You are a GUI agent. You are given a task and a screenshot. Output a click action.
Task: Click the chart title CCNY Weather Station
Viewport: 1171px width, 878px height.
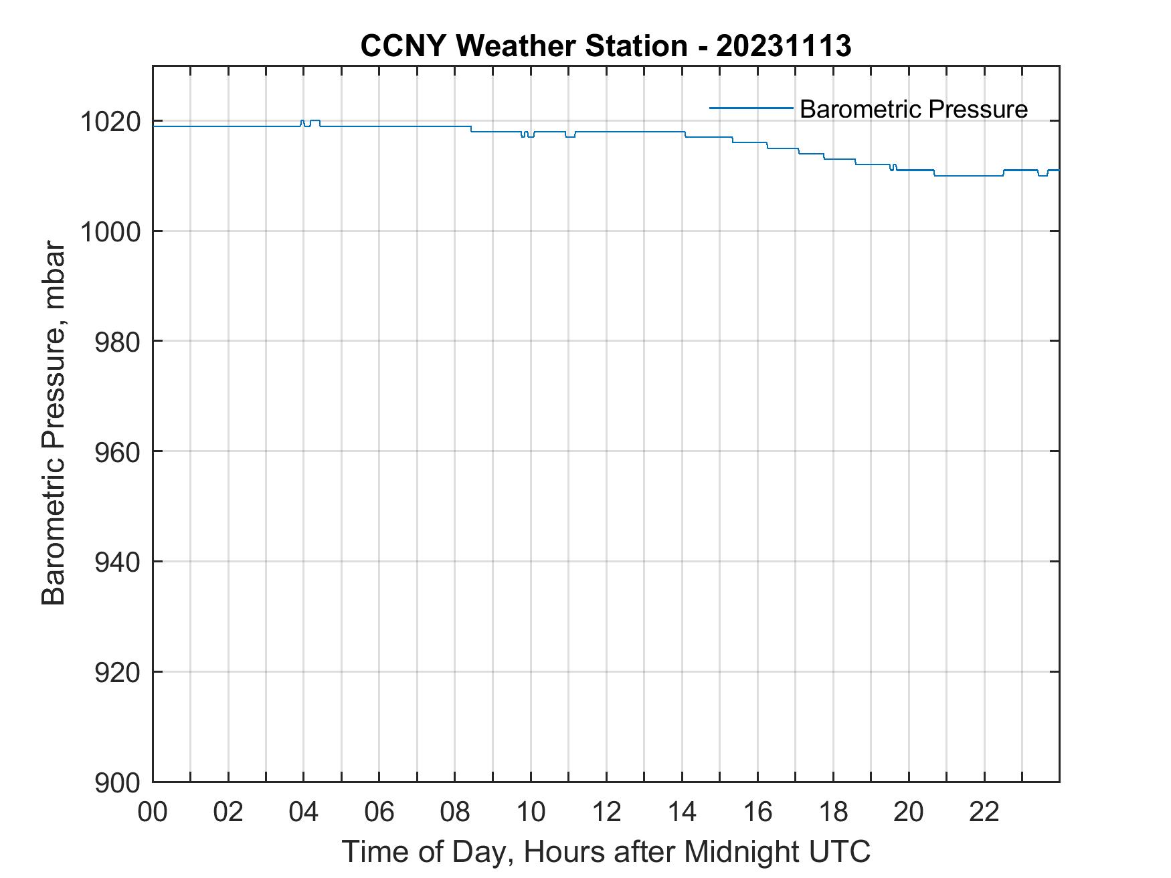[523, 46]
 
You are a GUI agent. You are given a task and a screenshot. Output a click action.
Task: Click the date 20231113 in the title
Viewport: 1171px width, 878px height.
[784, 46]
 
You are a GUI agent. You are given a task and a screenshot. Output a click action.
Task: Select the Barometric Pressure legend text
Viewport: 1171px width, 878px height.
[913, 109]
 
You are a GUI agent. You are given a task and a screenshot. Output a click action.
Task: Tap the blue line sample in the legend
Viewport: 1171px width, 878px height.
[751, 108]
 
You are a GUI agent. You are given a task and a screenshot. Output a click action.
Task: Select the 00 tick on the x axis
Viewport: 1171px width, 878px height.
[153, 812]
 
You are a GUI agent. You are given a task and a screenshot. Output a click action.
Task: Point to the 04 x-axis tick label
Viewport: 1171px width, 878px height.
[304, 812]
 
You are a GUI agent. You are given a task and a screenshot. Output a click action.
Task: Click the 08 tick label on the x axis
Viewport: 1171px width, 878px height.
[455, 812]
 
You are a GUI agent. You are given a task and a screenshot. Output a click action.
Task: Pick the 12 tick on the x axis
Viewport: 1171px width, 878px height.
[606, 812]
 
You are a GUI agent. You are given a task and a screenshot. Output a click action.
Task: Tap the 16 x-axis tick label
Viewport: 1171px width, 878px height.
[757, 812]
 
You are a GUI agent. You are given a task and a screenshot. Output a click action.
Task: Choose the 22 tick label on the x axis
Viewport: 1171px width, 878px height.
[984, 812]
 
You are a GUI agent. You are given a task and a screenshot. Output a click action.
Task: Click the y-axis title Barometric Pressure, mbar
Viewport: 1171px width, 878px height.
[54, 424]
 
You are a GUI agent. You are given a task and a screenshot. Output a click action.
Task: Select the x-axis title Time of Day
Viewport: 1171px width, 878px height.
[606, 851]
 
